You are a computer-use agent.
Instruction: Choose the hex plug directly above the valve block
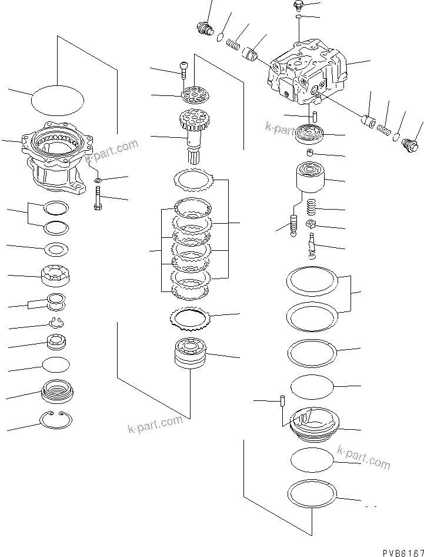pyautogui.click(x=299, y=6)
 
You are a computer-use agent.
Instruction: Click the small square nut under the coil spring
pyautogui.click(x=312, y=224)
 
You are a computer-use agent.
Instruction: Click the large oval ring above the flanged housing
pyautogui.click(x=56, y=98)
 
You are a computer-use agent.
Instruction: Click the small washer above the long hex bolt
pyautogui.click(x=98, y=178)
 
